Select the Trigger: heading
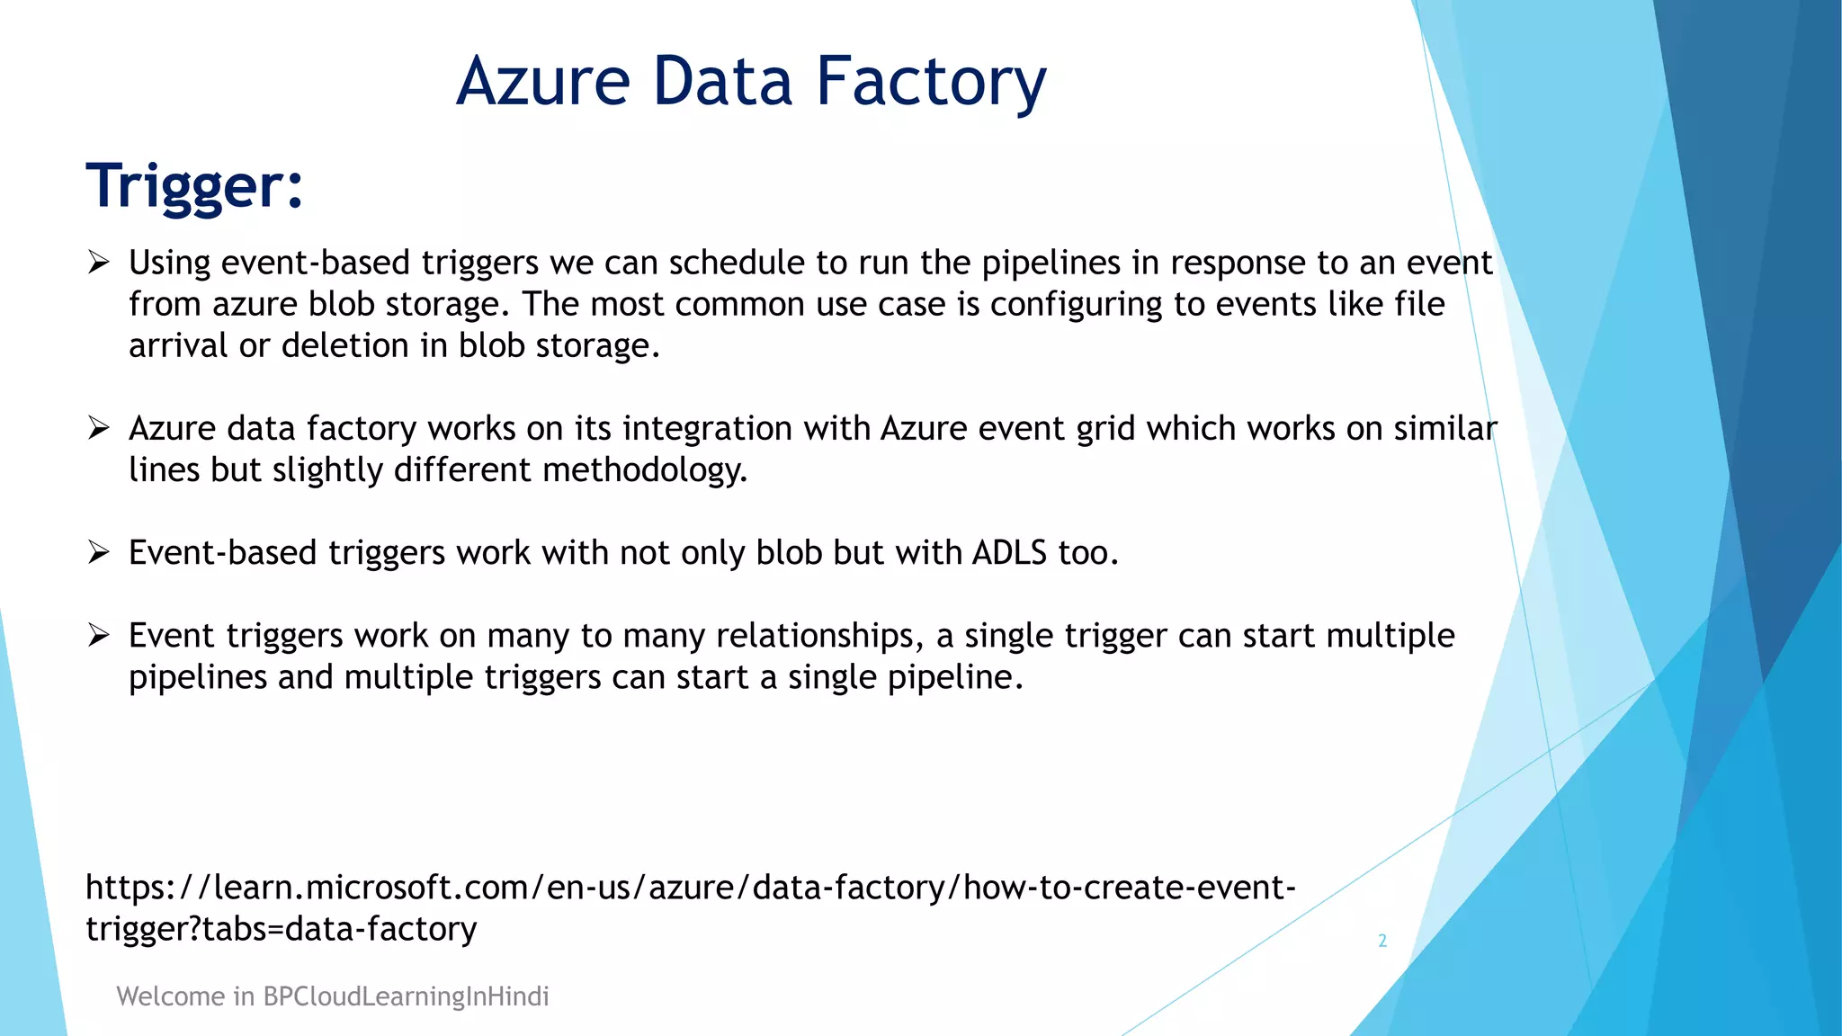(195, 186)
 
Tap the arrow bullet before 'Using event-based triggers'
(98, 263)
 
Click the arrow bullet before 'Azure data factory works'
(98, 428)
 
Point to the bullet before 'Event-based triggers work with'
(98, 552)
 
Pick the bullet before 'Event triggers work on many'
(98, 636)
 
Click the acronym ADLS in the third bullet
(1009, 552)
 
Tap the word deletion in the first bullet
(345, 346)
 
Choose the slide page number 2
(1382, 941)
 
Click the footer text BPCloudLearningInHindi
(406, 996)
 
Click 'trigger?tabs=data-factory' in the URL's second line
(281, 929)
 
